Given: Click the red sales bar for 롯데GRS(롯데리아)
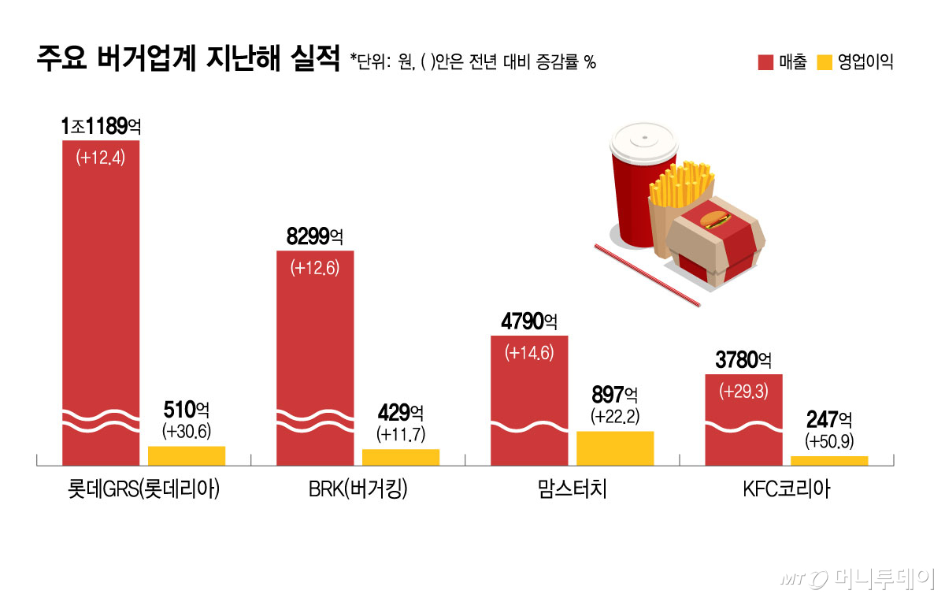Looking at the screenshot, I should point(101,299).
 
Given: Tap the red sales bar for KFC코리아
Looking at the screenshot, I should point(743,418).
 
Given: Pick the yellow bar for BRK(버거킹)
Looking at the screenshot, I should point(401,457).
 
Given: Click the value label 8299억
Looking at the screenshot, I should point(315,236).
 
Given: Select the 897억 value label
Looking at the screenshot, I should point(615,393).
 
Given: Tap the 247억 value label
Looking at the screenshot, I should point(828,419).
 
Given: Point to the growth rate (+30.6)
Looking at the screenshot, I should point(187,431).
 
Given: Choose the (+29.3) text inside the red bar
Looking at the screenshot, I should point(743,390).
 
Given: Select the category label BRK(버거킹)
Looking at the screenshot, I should point(358,491).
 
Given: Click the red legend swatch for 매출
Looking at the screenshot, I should point(765,63).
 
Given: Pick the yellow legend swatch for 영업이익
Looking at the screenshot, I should point(825,63).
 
